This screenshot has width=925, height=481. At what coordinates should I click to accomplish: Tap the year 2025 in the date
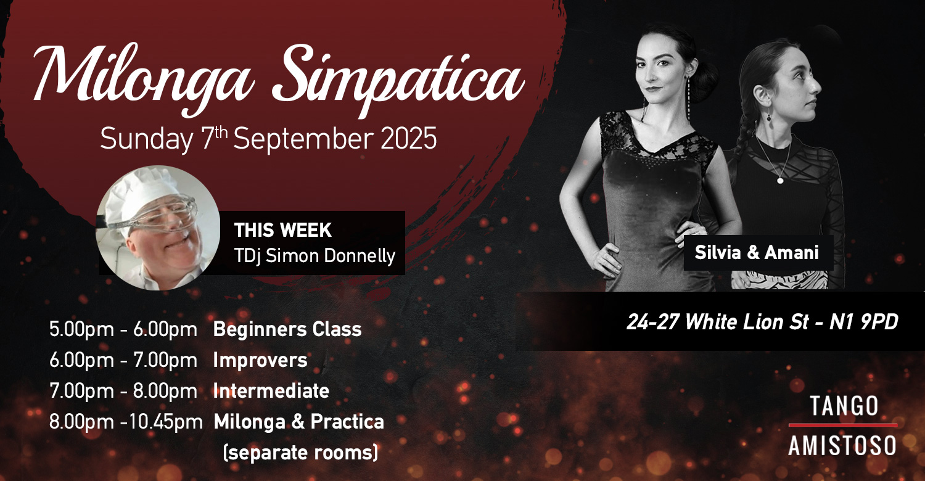408,139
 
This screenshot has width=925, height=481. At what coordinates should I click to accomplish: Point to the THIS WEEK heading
283,231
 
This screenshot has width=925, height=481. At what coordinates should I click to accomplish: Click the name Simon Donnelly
331,256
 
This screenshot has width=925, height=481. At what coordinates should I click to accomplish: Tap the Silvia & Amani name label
757,253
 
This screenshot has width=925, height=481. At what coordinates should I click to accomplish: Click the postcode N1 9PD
864,322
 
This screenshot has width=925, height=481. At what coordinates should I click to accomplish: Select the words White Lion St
747,322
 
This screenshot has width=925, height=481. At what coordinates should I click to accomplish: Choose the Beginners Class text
287,329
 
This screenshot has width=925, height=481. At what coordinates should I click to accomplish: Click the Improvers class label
260,360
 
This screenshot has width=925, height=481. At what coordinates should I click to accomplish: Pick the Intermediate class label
271,390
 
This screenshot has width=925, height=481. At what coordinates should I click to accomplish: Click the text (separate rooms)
300,453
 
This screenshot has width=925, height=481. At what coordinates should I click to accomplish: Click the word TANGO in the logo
844,406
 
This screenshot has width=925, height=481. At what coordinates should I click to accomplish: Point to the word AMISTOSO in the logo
842,445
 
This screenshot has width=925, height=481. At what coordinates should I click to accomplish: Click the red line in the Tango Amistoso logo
843,425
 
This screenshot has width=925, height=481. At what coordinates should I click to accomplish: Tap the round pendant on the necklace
780,181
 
